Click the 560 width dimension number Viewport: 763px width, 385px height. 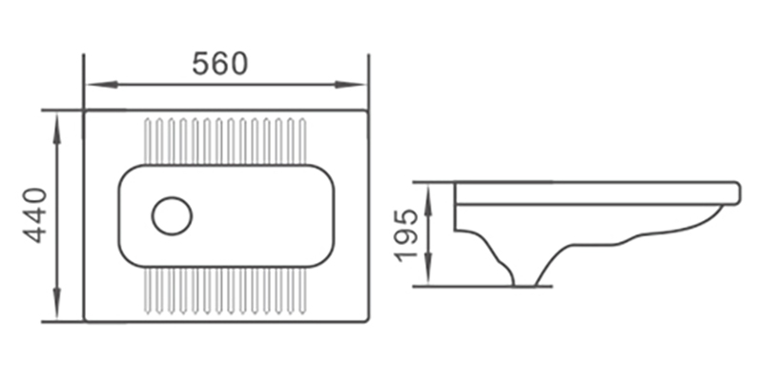[x=220, y=64]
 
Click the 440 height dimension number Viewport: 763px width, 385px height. [x=36, y=215]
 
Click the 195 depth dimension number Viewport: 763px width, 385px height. [x=407, y=235]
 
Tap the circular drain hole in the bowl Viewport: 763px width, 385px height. [x=172, y=215]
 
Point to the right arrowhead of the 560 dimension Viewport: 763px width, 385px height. [x=350, y=85]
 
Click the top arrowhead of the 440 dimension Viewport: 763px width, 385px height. [x=57, y=129]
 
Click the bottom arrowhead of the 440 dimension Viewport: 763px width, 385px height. [x=57, y=304]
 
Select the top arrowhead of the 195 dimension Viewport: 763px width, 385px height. [x=428, y=199]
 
